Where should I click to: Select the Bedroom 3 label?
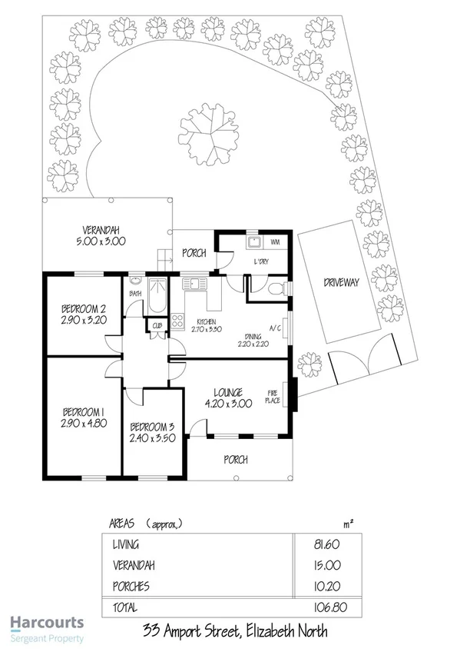point(154,427)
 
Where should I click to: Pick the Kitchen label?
point(204,321)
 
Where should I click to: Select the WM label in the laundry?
point(274,244)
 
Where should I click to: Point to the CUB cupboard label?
point(157,326)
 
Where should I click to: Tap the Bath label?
point(135,294)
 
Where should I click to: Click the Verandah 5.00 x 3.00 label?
point(104,235)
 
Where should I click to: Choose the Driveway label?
point(342,283)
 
